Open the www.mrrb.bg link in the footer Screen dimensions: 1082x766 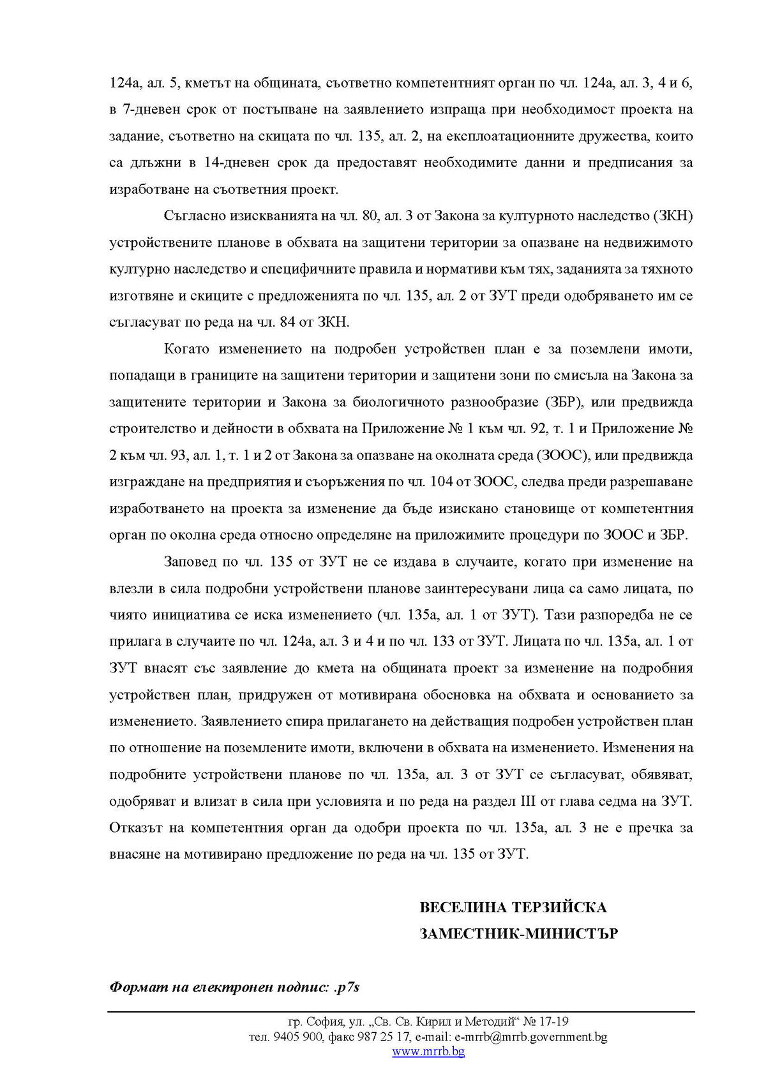[x=428, y=1052]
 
